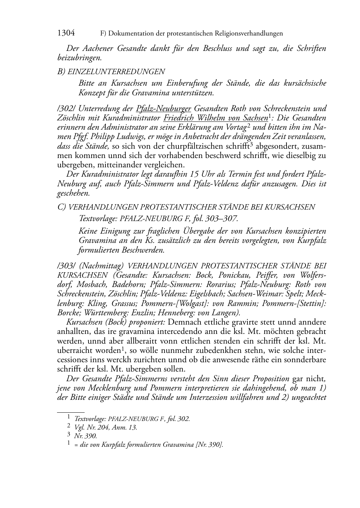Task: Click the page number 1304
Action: pos(66,33)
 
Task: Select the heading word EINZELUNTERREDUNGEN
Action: pos(116,71)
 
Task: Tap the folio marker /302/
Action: pos(66,108)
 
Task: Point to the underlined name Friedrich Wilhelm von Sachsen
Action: pos(216,118)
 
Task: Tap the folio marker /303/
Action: pos(66,266)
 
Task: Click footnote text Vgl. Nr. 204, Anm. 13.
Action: pos(105,427)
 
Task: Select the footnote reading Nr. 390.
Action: pos(85,436)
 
